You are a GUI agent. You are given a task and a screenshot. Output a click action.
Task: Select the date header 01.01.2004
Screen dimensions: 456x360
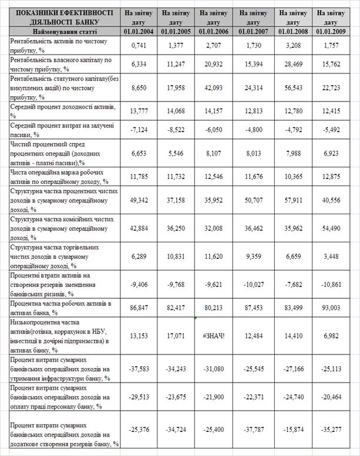click(x=139, y=31)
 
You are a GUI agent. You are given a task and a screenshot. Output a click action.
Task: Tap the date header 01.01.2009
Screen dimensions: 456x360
click(x=331, y=31)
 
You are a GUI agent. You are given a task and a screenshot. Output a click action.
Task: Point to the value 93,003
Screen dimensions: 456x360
click(x=331, y=307)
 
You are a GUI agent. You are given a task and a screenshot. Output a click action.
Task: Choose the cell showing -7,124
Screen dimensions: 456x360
click(x=139, y=127)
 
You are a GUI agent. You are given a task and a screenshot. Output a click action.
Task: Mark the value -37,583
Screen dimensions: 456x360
click(x=139, y=369)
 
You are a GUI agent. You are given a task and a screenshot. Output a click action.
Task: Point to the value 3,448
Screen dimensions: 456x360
click(x=331, y=256)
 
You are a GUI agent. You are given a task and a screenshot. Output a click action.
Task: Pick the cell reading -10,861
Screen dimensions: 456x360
click(x=331, y=283)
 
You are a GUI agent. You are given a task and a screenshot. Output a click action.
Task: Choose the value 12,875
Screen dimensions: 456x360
click(x=331, y=176)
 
